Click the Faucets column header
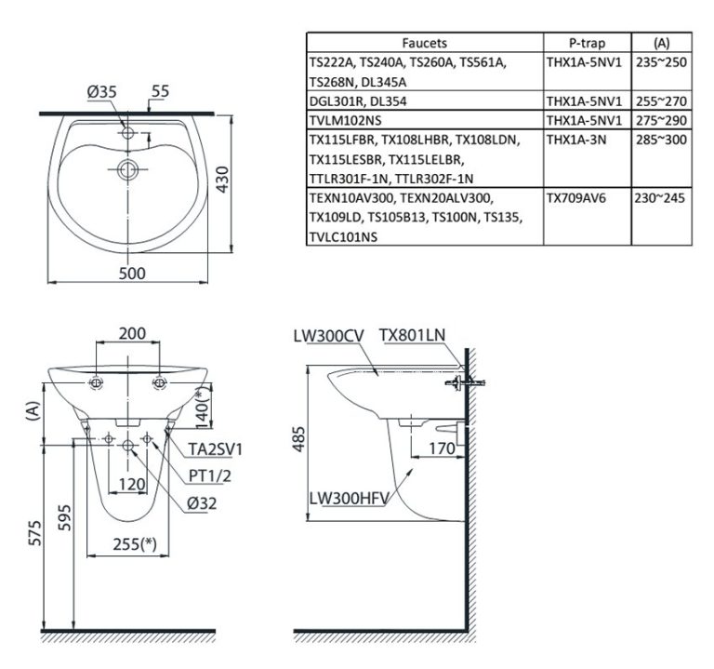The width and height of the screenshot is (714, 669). point(424,43)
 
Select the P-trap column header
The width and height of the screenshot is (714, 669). point(587,43)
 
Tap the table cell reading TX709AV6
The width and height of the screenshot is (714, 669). point(576,198)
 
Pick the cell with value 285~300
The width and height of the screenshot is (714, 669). point(661,140)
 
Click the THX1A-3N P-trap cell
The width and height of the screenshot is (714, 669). point(576,140)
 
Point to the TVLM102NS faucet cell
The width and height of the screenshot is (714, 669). point(345,120)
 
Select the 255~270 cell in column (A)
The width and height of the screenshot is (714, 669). point(661,100)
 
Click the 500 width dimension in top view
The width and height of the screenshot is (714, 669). point(132,274)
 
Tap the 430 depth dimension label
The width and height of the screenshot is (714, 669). point(222,179)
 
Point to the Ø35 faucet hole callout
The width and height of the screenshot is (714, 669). point(102,91)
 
